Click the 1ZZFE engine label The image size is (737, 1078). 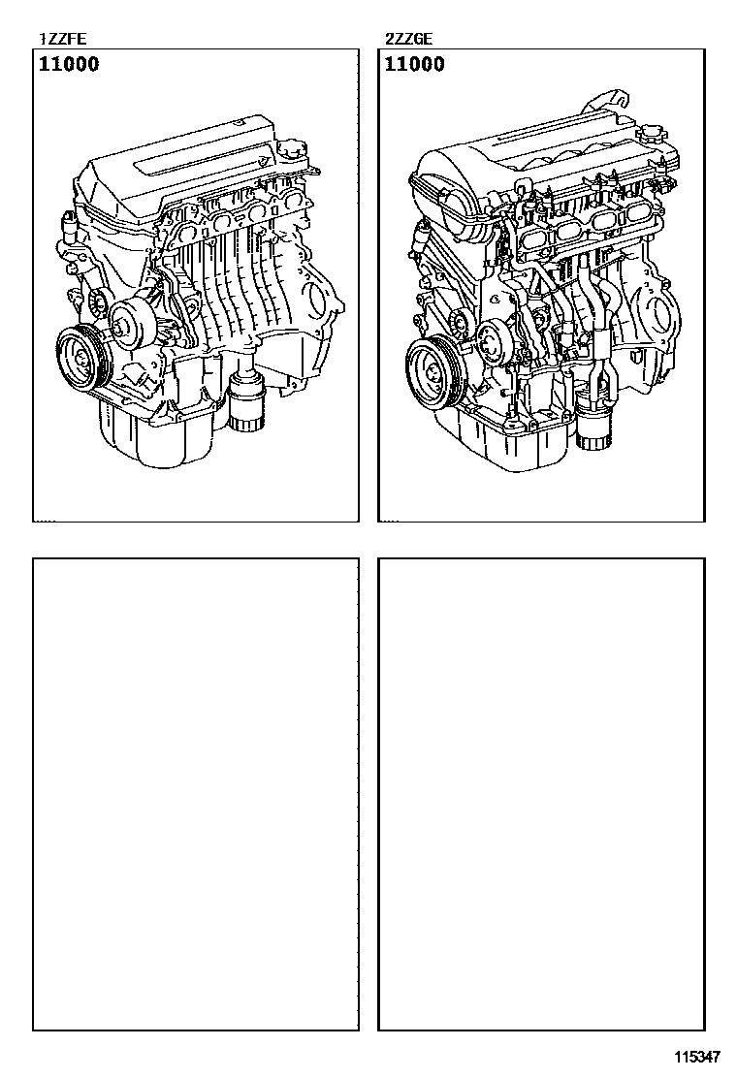[63, 39]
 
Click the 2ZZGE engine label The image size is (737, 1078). [409, 39]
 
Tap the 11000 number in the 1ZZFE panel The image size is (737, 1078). [69, 65]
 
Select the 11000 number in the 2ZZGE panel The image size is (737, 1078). [415, 65]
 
